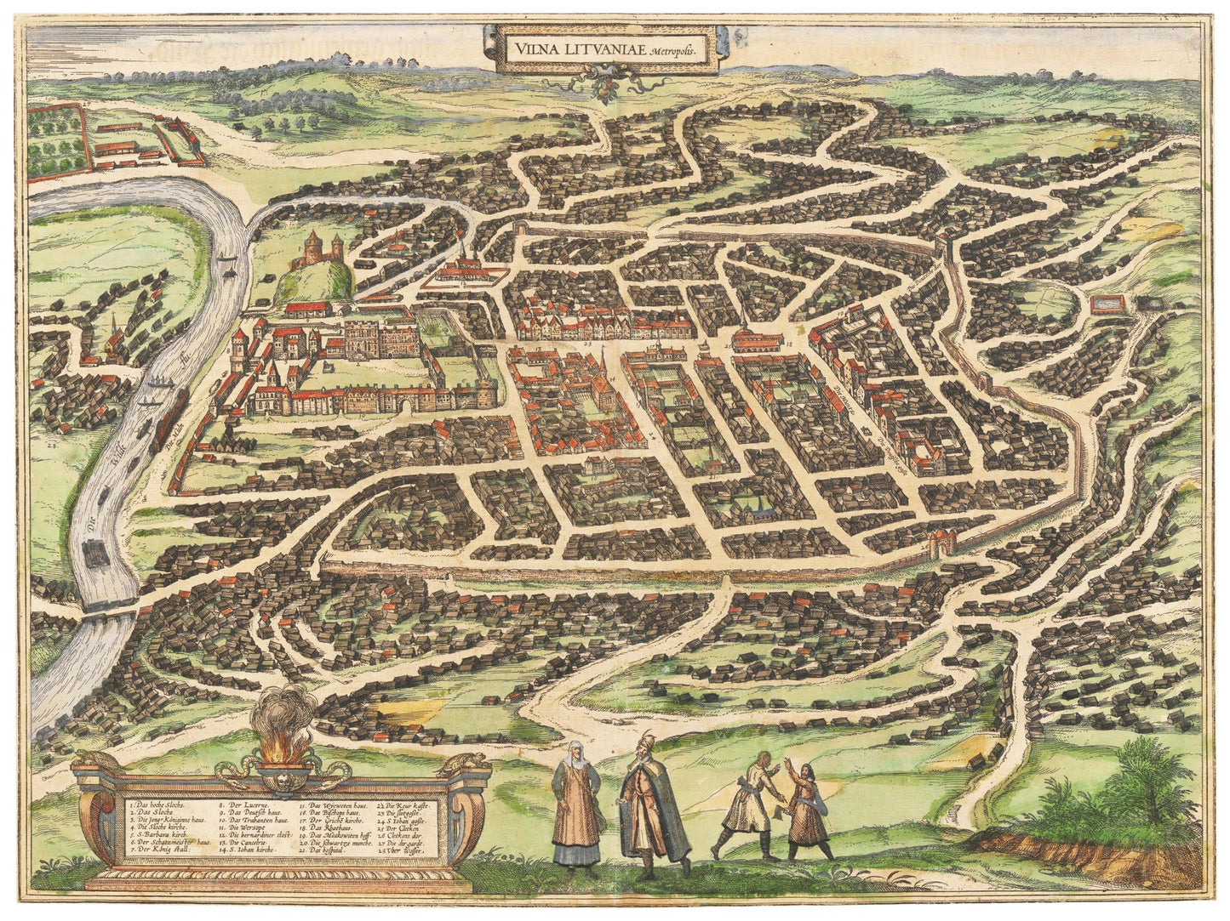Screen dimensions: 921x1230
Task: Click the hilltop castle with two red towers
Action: [317, 247]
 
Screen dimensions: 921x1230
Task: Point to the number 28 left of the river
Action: [51, 443]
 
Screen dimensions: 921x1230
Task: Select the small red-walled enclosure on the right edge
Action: [1107, 303]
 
